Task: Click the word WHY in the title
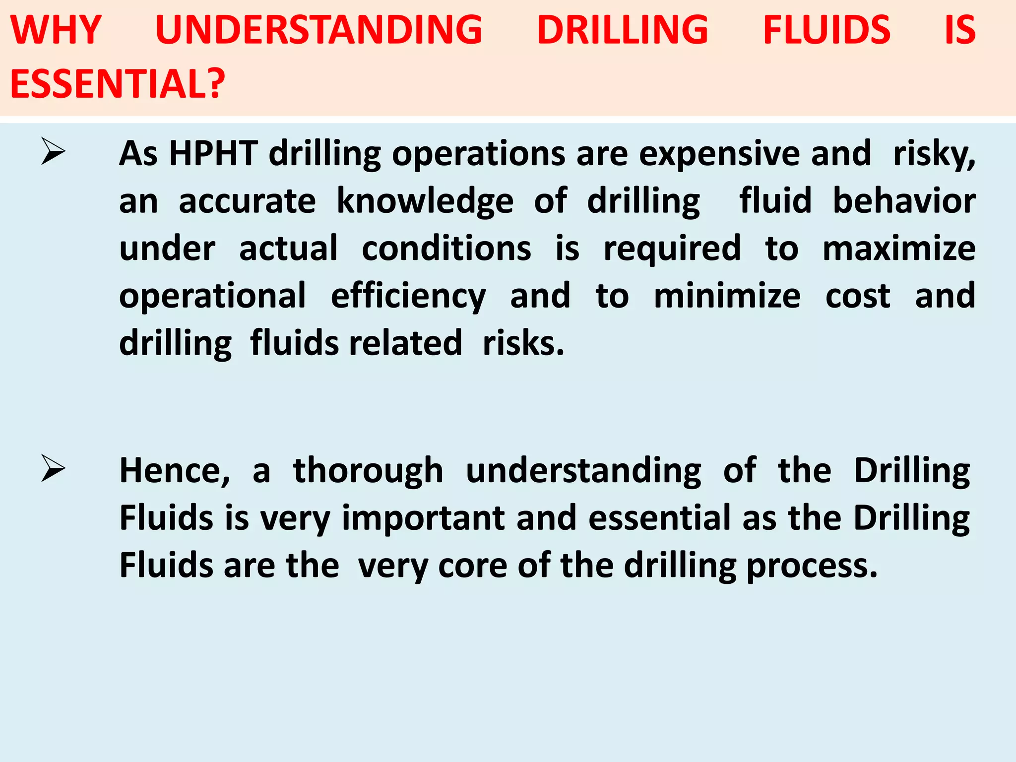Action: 56,30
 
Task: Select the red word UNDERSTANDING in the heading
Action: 318,30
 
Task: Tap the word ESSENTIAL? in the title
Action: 118,83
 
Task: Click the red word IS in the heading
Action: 960,30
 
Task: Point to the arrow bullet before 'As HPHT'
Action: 53,152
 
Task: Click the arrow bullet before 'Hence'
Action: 53,468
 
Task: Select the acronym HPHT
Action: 213,153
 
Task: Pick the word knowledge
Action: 425,202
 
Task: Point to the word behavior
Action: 904,201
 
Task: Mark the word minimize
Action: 727,296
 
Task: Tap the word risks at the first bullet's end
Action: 523,343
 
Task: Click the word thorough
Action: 368,471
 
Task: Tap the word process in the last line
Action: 812,567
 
